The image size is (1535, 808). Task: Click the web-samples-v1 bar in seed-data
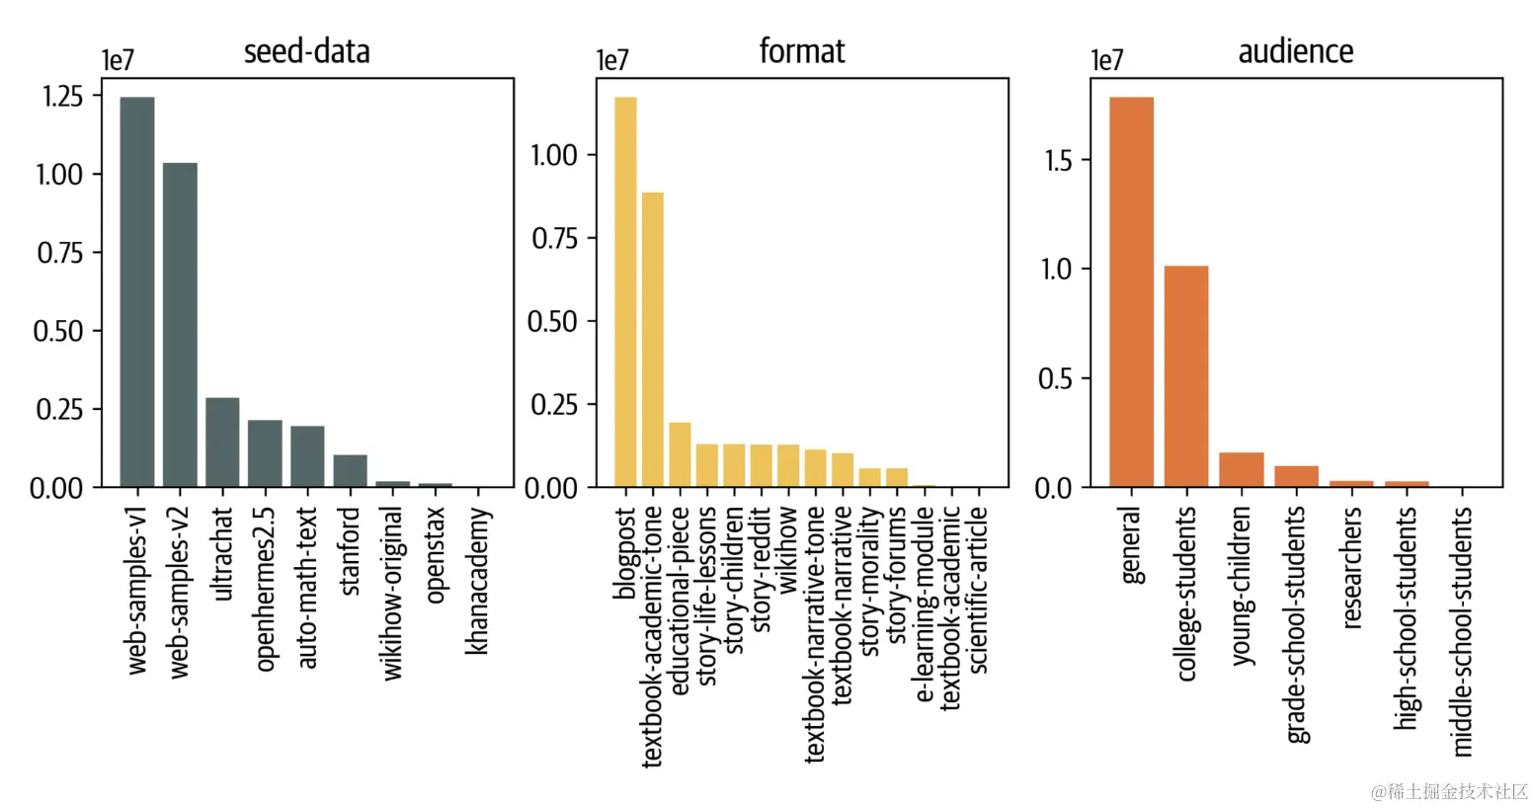coord(137,292)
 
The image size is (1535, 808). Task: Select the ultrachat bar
coord(222,443)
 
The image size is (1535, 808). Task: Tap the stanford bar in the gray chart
coord(350,471)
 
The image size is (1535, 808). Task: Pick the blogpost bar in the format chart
coord(625,292)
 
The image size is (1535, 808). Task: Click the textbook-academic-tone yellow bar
coord(653,340)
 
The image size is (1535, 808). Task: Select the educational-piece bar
coord(680,455)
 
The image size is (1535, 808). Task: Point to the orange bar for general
coord(1131,292)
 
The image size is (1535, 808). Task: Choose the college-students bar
coord(1185,376)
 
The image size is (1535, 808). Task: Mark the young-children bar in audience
coord(1241,470)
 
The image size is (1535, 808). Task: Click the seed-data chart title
coord(307,51)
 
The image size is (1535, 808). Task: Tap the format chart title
coord(802,51)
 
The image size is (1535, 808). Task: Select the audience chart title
coord(1296,51)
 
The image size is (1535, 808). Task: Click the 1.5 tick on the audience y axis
coord(1058,160)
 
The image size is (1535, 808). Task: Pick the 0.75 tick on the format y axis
coord(554,238)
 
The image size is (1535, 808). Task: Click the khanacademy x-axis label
coord(477,581)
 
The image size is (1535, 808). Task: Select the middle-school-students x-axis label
coord(1463,631)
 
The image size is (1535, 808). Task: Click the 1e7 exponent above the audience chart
coord(1106,61)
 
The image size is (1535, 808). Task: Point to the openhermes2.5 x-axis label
coord(265,590)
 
